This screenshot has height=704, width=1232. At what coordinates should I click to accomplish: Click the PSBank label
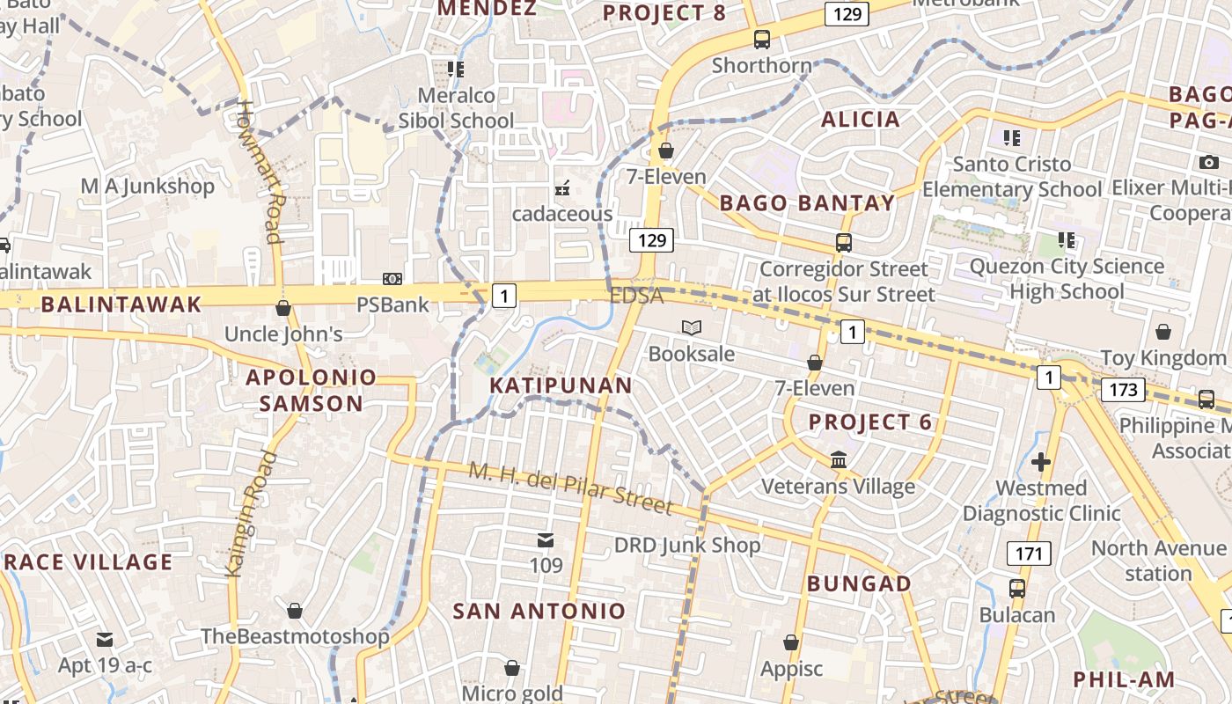pyautogui.click(x=392, y=304)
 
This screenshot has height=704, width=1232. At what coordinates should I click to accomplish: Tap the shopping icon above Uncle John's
pyautogui.click(x=283, y=308)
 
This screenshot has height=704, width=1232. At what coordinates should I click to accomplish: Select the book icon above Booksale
pyautogui.click(x=692, y=328)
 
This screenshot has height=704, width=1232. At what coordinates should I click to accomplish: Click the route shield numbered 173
pyautogui.click(x=1123, y=389)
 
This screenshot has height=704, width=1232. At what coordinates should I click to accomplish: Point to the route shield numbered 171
pyautogui.click(x=1028, y=554)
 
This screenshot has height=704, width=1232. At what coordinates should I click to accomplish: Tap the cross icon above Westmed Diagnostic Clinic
pyautogui.click(x=1041, y=462)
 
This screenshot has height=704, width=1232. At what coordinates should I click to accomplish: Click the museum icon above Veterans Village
pyautogui.click(x=838, y=460)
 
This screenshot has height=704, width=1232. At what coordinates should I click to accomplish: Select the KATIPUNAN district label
pyautogui.click(x=561, y=385)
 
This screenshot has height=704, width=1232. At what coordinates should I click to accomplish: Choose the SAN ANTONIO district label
pyautogui.click(x=539, y=611)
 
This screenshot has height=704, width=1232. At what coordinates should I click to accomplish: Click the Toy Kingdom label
pyautogui.click(x=1162, y=357)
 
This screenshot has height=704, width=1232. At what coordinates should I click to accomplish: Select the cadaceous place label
pyautogui.click(x=562, y=214)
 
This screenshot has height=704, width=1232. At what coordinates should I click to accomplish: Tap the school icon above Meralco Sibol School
pyautogui.click(x=455, y=69)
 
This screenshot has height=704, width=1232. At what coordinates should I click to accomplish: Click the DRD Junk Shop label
pyautogui.click(x=686, y=545)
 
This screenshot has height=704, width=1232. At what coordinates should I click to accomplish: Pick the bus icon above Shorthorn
pyautogui.click(x=762, y=40)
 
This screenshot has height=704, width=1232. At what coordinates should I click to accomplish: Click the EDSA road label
pyautogui.click(x=636, y=296)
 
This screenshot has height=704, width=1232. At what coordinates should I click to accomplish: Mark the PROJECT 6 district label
pyautogui.click(x=869, y=422)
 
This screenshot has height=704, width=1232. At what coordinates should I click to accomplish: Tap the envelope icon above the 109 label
pyautogui.click(x=546, y=539)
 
